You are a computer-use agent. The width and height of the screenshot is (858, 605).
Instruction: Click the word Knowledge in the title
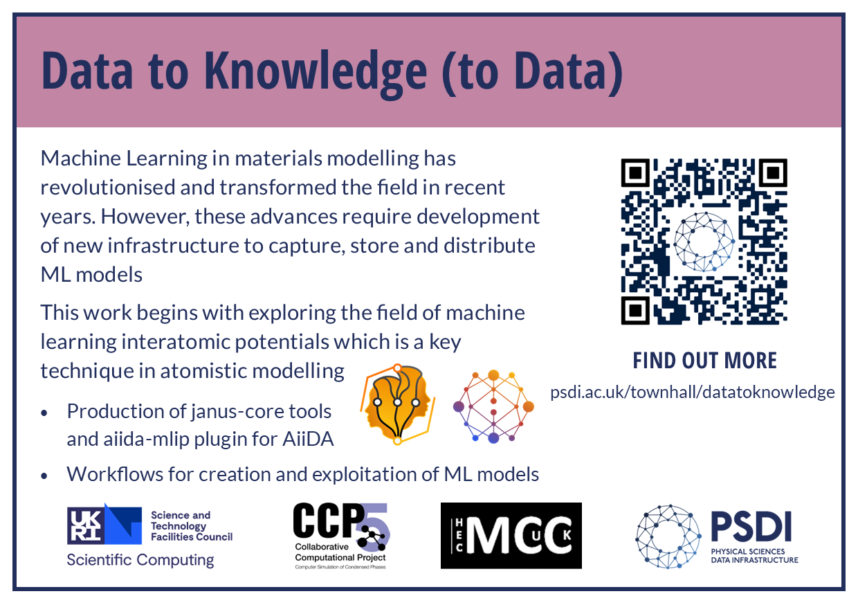(x=316, y=73)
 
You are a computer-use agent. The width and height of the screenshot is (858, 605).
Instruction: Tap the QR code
(x=704, y=242)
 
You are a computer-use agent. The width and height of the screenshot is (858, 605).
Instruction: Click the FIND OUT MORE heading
(x=704, y=361)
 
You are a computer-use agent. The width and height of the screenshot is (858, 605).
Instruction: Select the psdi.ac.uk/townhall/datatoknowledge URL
(x=693, y=392)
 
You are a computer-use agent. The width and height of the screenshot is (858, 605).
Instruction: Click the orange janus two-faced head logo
(x=398, y=405)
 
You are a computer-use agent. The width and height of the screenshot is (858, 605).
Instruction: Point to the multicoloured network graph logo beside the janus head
(x=493, y=406)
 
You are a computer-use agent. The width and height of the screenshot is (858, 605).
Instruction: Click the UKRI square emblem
(x=104, y=524)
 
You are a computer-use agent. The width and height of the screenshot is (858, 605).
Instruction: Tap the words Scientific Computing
(x=140, y=560)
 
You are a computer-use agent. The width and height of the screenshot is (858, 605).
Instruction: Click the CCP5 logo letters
(x=341, y=522)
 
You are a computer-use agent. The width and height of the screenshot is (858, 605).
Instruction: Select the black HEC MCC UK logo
(x=511, y=536)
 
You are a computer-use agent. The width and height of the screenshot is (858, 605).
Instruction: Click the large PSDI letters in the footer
(x=751, y=526)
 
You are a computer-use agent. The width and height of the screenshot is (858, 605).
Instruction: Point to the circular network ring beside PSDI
(x=668, y=536)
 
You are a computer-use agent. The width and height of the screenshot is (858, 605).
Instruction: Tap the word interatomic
(x=175, y=342)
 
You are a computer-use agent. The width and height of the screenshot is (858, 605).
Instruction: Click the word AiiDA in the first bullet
(x=308, y=439)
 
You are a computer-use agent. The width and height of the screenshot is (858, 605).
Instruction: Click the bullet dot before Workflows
(x=44, y=476)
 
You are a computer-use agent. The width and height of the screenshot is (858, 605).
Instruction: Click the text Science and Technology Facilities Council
(x=192, y=525)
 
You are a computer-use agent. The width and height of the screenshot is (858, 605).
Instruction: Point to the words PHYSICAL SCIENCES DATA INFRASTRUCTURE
(x=755, y=556)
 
